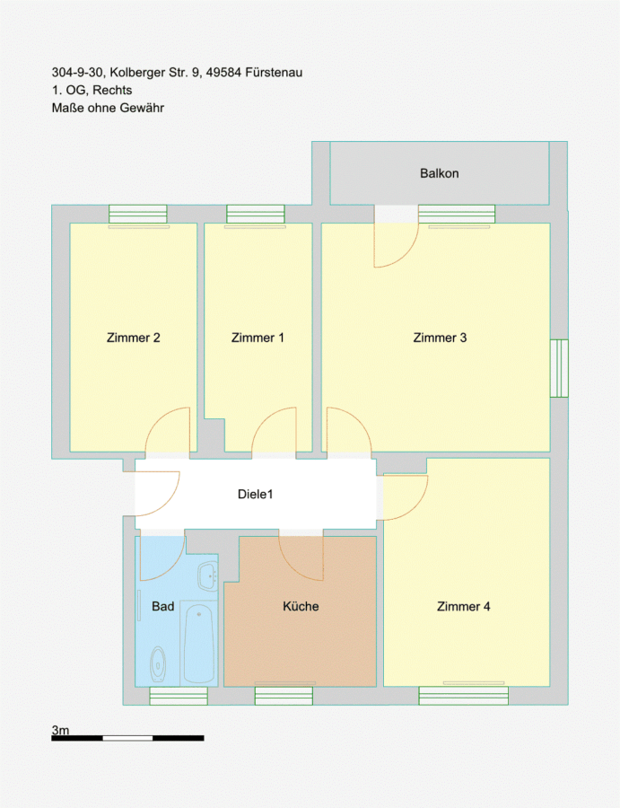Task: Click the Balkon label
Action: tap(440, 173)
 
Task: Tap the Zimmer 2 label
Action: tap(134, 338)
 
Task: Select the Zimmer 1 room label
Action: tap(258, 338)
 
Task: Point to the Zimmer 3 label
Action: tap(440, 338)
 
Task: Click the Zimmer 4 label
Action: tap(464, 607)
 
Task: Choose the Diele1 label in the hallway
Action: tap(256, 494)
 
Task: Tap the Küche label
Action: tap(301, 607)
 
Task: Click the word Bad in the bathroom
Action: tap(162, 607)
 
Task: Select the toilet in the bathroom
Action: tap(158, 663)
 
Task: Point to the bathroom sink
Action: tap(208, 576)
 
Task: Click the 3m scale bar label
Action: tap(60, 730)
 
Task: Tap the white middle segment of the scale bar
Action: tap(127, 739)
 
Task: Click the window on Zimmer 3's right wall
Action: tap(559, 368)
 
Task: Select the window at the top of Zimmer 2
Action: tap(138, 214)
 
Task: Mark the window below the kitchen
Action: tap(284, 696)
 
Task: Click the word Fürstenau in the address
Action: tap(274, 73)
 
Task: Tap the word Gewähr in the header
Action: tap(142, 109)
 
